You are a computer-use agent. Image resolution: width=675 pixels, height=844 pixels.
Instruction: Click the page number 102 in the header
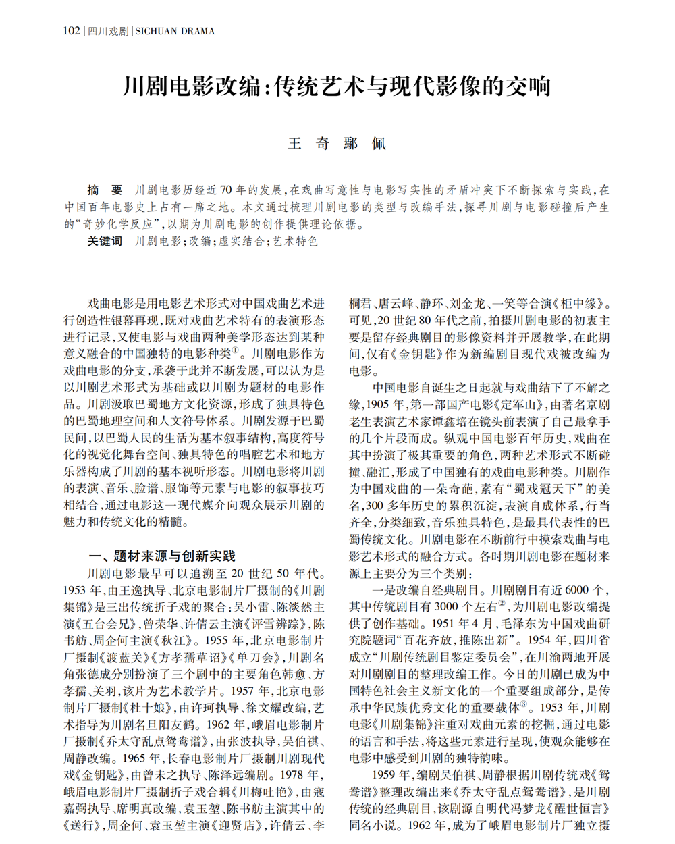tap(71, 31)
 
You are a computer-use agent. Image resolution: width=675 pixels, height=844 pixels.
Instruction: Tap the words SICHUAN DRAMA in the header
tap(175, 31)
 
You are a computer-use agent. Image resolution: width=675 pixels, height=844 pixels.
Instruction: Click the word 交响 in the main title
tap(529, 86)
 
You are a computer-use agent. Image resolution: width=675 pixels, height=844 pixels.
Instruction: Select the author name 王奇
tap(308, 144)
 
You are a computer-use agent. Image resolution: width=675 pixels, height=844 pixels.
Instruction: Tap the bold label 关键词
tap(105, 241)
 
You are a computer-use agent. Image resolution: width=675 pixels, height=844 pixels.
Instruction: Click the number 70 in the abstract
tap(225, 191)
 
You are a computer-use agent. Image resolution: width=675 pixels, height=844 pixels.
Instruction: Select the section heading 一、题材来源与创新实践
tap(162, 556)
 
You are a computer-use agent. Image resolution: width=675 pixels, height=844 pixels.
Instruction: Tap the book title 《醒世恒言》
tap(579, 809)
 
